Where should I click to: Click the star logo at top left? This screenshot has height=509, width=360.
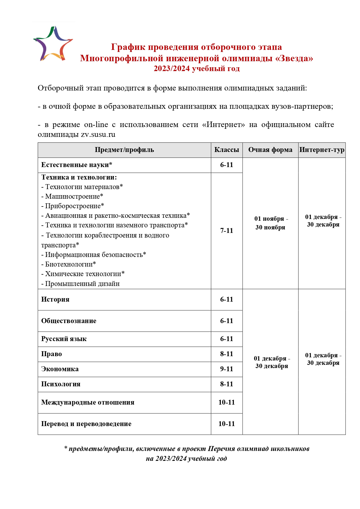(x=53, y=44)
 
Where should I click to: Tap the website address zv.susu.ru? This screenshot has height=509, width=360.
(x=98, y=135)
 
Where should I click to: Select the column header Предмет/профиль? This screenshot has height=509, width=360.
(x=124, y=150)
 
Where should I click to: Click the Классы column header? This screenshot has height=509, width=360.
(x=227, y=150)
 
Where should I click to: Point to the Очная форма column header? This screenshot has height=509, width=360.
(x=270, y=150)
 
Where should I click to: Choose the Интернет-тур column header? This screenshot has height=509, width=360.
(x=322, y=150)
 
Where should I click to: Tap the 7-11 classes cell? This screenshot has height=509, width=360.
(x=227, y=231)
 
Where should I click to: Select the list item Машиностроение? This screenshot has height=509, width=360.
(x=74, y=196)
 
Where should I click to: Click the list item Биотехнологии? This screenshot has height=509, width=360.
(x=70, y=264)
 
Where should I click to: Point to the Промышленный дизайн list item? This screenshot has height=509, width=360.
(x=82, y=284)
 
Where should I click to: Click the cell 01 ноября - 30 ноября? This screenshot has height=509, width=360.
(x=270, y=223)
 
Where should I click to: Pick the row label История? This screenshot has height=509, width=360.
(x=55, y=300)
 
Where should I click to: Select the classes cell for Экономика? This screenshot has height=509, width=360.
(x=227, y=369)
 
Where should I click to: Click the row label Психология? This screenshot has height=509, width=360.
(x=61, y=384)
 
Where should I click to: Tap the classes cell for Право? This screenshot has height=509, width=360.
(x=227, y=354)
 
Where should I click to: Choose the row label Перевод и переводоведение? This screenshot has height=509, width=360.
(x=86, y=424)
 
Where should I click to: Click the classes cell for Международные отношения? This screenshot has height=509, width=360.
(x=227, y=403)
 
